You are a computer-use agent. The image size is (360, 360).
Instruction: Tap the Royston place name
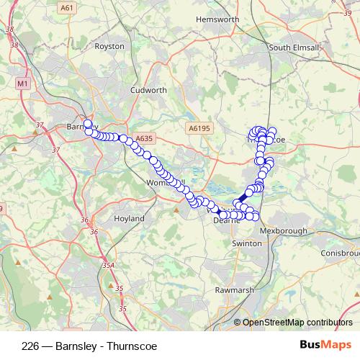click(x=109, y=46)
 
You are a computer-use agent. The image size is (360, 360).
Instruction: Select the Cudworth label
click(x=148, y=91)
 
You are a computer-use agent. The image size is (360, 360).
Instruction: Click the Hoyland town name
click(x=130, y=218)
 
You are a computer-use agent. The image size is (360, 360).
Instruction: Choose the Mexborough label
click(x=284, y=231)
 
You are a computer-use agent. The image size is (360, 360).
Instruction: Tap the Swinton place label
click(x=247, y=243)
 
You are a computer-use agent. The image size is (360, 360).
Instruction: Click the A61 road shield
click(x=67, y=8)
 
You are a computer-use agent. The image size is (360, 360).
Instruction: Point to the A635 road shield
click(x=145, y=138)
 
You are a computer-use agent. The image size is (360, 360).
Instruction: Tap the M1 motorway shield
click(x=22, y=84)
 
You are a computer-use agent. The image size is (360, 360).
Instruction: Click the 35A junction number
click(x=108, y=265)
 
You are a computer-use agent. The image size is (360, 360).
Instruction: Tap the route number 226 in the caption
click(x=31, y=345)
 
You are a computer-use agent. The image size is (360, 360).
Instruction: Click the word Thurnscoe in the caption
click(x=132, y=345)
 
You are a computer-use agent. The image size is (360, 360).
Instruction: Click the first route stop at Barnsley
click(x=88, y=124)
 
